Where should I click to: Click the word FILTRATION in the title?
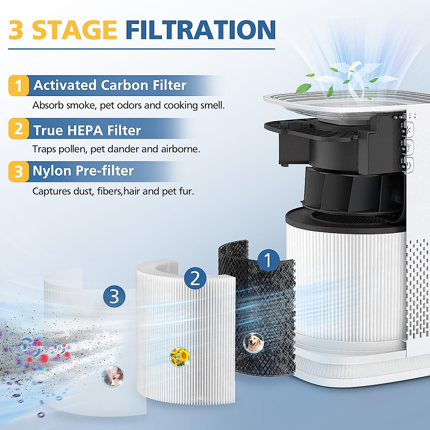coord(200,30)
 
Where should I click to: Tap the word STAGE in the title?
coord(75,30)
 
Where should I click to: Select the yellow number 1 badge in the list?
coord(18,86)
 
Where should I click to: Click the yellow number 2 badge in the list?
coord(18,129)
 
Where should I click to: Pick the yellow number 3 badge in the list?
coord(18,172)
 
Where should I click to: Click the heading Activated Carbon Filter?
coord(110,86)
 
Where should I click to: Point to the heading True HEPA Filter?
coord(87,130)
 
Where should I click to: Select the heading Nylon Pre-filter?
coord(83,171)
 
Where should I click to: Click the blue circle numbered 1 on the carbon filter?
coord(268,260)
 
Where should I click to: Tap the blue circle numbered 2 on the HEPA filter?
coord(195,278)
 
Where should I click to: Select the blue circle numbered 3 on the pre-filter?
coord(114,296)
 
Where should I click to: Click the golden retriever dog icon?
coord(254,343)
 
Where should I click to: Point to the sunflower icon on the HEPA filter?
coord(180,357)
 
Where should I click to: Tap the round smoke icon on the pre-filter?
coord(113,376)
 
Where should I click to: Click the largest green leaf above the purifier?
coord(304,87)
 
